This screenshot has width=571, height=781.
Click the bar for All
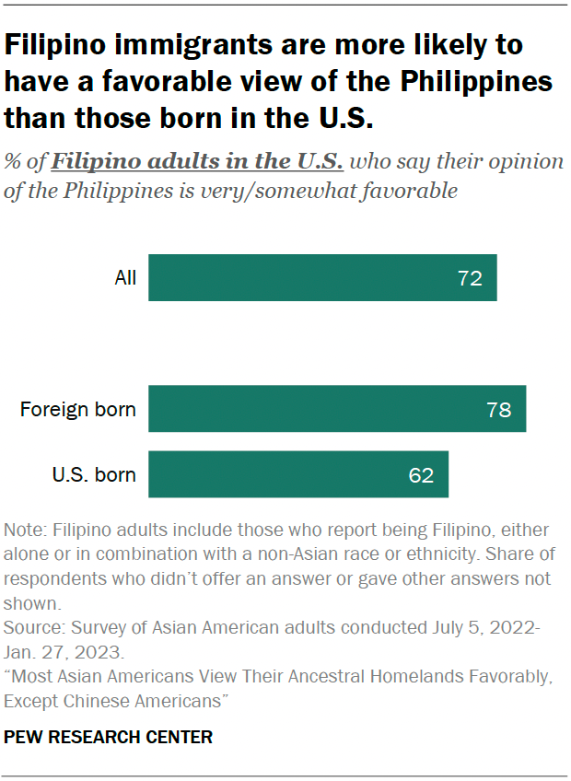(x=322, y=277)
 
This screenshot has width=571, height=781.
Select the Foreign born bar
(x=337, y=409)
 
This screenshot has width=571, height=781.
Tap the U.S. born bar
(x=298, y=474)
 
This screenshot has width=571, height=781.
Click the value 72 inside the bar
(x=470, y=278)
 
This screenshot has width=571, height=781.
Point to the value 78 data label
(x=498, y=410)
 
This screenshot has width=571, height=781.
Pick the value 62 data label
(x=421, y=475)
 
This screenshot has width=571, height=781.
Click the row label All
(x=125, y=278)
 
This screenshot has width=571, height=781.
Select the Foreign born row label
(x=78, y=410)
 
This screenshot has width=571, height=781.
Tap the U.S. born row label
(x=94, y=475)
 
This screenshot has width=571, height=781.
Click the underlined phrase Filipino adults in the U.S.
(x=197, y=162)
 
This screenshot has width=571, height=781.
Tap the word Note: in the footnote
(x=26, y=530)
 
